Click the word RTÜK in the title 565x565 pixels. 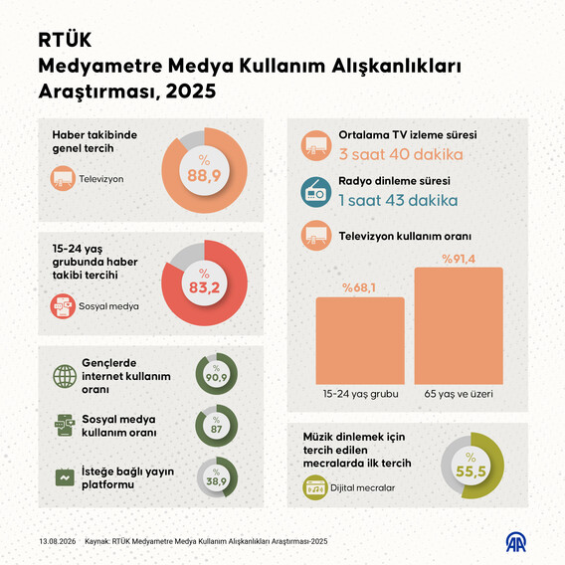tap(65, 40)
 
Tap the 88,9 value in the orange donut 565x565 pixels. tap(204, 175)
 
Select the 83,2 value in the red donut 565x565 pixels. tap(204, 287)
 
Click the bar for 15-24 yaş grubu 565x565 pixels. tap(360, 341)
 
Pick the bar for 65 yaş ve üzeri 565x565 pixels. tap(459, 326)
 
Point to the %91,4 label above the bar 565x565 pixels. tap(459, 259)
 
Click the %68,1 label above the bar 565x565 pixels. tap(359, 287)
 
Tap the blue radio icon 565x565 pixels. tap(316, 192)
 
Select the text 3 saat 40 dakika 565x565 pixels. tap(401, 154)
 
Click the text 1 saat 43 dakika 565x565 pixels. tap(398, 200)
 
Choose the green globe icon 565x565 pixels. tap(65, 376)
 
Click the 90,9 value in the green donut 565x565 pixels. tap(216, 377)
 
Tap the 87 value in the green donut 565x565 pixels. tap(216, 429)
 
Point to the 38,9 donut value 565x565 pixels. tap(216, 481)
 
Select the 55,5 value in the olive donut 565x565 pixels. tap(471, 471)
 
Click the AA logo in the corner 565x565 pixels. tap(516, 543)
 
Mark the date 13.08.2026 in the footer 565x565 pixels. tap(58, 541)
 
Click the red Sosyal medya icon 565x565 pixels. tap(63, 306)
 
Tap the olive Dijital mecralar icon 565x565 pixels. tap(315, 487)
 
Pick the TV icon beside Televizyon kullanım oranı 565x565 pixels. tap(316, 236)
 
